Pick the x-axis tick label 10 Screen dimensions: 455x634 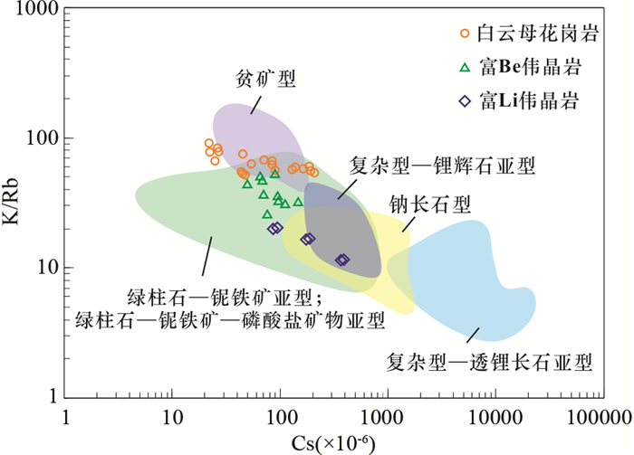[x=171, y=419]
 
